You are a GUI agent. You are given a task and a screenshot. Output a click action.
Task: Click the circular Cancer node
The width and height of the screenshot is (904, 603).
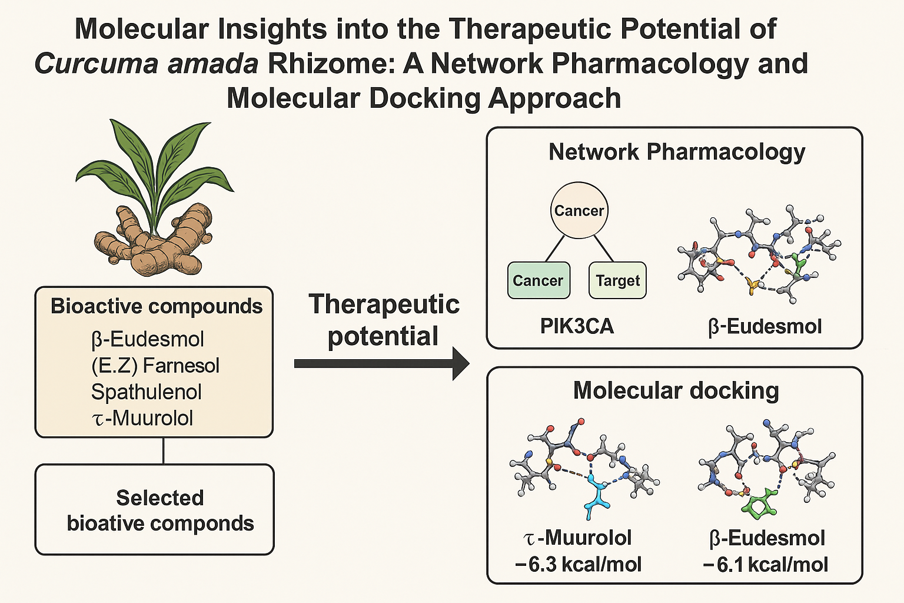point(579,210)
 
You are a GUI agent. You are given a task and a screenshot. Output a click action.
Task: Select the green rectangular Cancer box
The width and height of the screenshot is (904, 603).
point(538,280)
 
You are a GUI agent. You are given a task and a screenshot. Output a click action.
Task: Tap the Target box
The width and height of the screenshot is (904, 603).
point(617,280)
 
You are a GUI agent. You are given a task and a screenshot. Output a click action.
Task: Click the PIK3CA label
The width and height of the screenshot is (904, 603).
point(577,326)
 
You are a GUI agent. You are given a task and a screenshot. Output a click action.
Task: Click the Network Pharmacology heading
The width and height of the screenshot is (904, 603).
point(677,151)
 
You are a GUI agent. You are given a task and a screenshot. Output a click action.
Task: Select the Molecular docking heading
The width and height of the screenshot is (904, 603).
point(676,390)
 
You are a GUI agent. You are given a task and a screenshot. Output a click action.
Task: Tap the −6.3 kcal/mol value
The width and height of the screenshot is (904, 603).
point(578,564)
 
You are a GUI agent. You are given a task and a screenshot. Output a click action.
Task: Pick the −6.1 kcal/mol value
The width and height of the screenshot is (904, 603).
point(765,564)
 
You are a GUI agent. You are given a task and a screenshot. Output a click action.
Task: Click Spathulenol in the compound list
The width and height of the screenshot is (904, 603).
point(147,392)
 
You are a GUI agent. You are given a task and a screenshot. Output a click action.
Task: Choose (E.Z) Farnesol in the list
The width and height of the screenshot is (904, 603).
point(155,365)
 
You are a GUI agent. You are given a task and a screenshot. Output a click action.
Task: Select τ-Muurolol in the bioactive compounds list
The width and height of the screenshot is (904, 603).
point(142,418)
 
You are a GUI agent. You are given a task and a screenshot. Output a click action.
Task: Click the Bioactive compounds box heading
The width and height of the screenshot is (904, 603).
point(157,306)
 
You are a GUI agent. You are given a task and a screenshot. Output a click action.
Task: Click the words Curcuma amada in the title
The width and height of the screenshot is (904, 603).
point(147,64)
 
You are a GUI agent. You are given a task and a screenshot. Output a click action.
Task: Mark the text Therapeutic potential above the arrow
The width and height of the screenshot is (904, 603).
point(384,320)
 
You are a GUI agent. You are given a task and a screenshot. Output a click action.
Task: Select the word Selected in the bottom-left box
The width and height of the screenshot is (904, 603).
point(160,498)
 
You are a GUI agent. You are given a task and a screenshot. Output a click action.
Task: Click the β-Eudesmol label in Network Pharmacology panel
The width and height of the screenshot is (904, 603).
point(765,326)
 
